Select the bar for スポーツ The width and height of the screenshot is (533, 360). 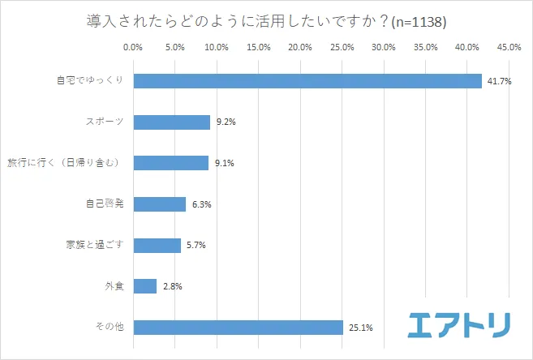(x=171, y=122)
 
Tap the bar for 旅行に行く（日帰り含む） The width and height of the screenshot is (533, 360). (x=170, y=163)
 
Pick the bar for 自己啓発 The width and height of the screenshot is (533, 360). (x=159, y=204)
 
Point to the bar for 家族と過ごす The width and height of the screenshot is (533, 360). (x=157, y=245)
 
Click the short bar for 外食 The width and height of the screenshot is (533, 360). (x=144, y=286)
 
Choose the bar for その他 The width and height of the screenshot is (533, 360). (x=238, y=328)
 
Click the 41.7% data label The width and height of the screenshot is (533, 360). (x=498, y=81)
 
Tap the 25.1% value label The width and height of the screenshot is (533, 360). (x=360, y=328)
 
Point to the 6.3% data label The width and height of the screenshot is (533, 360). (x=201, y=204)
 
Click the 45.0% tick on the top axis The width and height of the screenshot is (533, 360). (x=509, y=48)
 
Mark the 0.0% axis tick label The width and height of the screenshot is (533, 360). (x=133, y=48)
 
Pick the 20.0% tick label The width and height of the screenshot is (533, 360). (x=300, y=48)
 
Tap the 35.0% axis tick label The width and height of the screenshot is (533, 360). (x=425, y=48)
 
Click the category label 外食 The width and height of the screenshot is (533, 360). (x=113, y=286)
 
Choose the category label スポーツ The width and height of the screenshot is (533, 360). (x=104, y=122)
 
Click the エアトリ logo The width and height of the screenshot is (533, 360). (x=459, y=324)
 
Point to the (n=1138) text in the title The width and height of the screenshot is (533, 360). (x=419, y=20)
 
